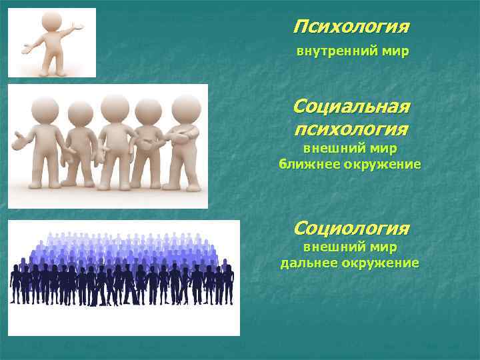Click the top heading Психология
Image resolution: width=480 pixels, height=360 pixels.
[351, 27]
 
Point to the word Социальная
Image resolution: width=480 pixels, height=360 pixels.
[351, 107]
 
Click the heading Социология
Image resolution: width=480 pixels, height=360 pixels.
[351, 229]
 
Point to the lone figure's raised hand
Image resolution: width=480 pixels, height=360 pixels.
[78, 26]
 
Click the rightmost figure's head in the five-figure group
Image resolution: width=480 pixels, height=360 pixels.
[186, 107]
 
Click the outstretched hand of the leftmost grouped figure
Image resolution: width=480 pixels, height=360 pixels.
[17, 140]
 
